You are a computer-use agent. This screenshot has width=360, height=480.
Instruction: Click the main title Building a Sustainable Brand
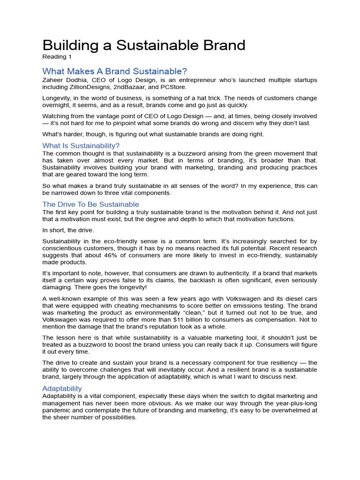pos(144,45)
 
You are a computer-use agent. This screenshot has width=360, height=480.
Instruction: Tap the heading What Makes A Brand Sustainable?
pos(114,71)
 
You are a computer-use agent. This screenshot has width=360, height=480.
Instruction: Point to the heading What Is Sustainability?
pos(81,145)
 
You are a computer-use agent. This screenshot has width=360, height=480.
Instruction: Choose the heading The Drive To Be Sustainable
pos(90,204)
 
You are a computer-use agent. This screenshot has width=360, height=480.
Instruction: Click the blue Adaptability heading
pos(62,389)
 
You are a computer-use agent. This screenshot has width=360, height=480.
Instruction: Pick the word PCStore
pos(174,87)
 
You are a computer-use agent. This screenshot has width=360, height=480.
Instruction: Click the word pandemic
pos(58,410)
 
